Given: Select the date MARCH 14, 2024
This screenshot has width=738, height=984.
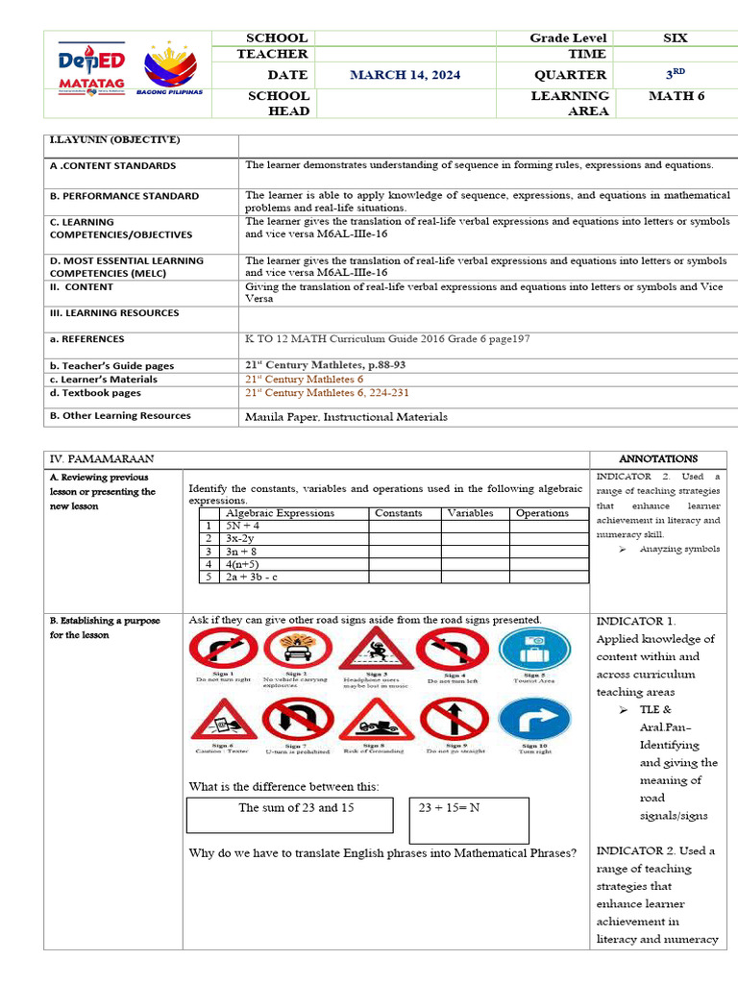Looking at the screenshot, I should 405,75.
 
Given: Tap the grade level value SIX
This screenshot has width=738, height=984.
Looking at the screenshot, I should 676,37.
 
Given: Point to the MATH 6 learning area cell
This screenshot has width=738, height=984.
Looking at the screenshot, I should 676,95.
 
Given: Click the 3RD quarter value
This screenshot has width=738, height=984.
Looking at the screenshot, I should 676,74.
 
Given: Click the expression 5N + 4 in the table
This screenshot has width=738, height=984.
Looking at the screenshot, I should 242,527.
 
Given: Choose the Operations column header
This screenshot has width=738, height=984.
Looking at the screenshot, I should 542,513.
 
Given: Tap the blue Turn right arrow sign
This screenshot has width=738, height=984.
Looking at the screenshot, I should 534,721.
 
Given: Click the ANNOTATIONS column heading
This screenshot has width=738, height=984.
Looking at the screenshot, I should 658,459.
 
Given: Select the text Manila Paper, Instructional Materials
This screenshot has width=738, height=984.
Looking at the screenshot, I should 346,417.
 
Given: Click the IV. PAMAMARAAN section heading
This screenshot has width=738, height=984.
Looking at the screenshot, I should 101,459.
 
